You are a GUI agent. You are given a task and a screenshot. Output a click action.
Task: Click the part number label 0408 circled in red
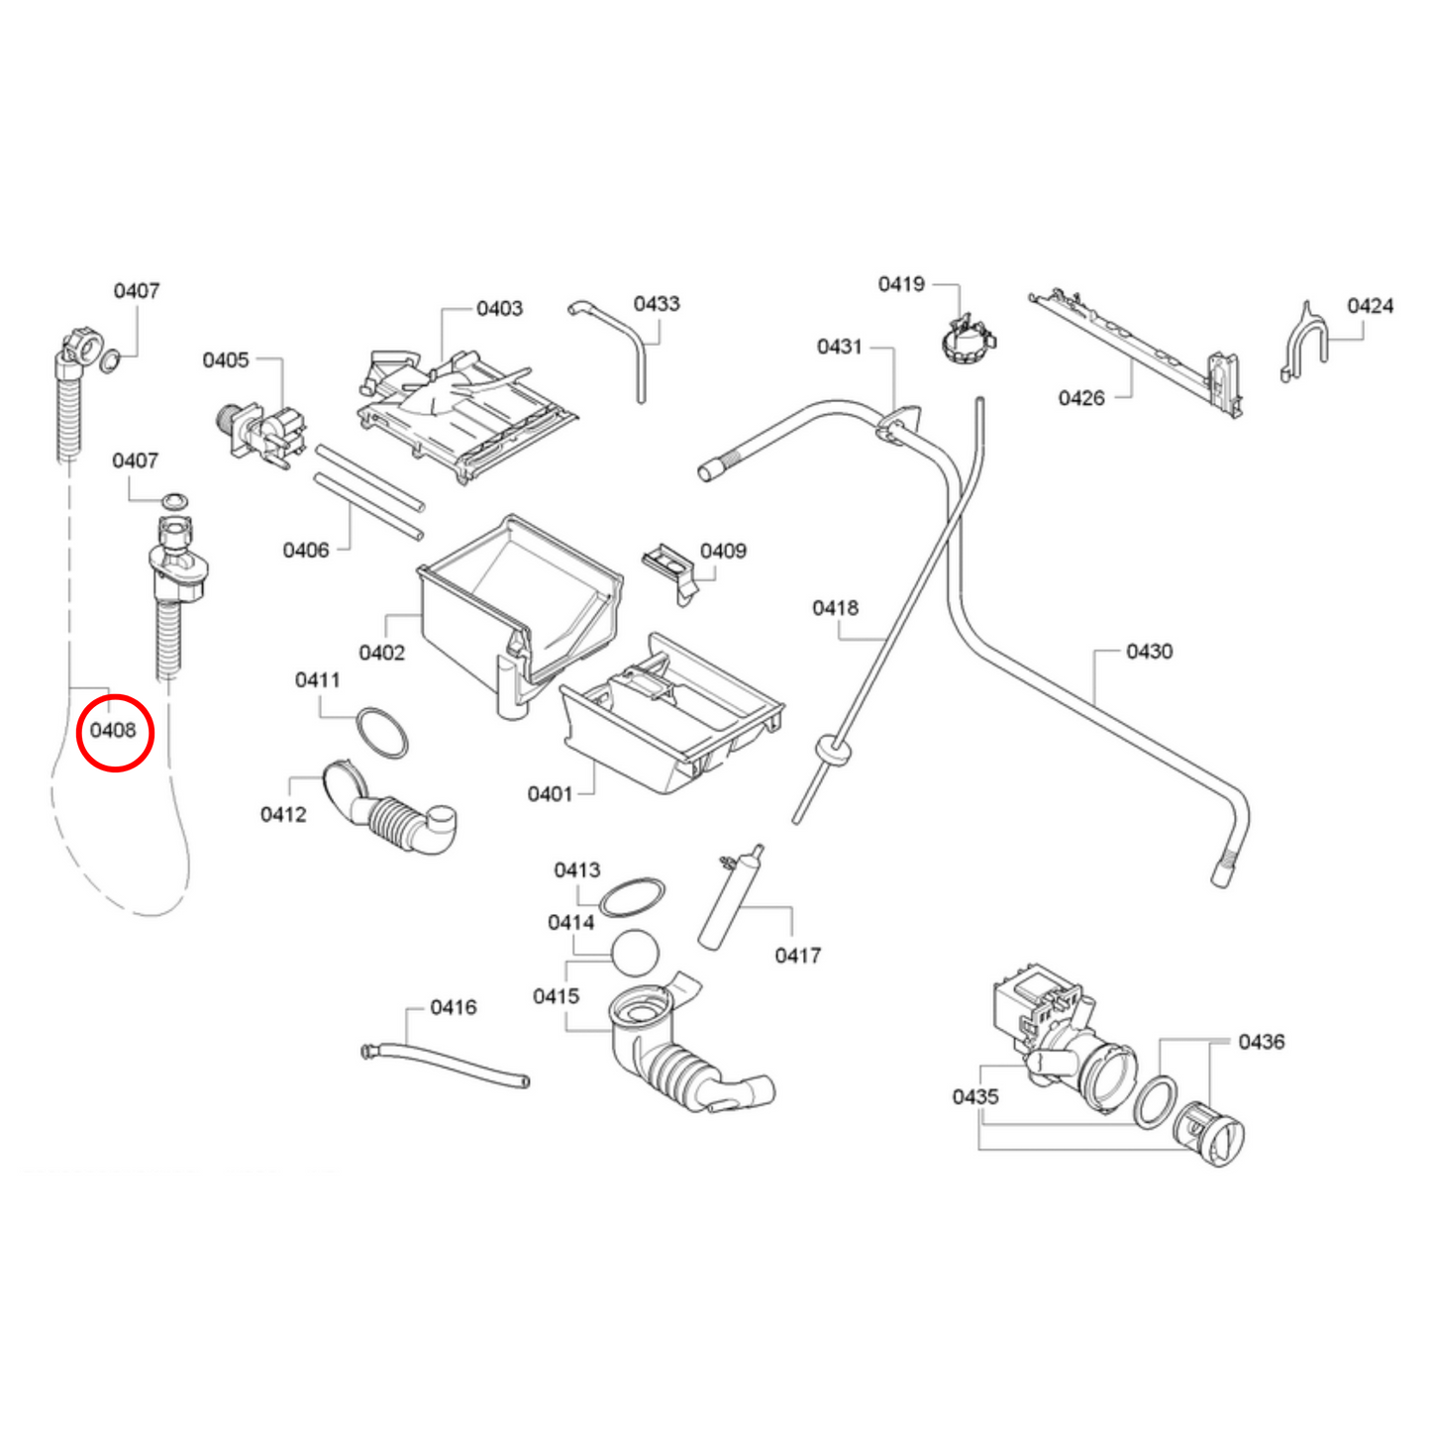(x=113, y=731)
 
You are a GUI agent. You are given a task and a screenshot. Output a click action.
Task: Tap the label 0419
(x=901, y=285)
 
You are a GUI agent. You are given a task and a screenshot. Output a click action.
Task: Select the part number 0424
(x=1370, y=306)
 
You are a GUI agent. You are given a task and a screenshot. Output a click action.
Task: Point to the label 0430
(x=1149, y=652)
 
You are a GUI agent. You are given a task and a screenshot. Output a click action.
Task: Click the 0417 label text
(x=797, y=956)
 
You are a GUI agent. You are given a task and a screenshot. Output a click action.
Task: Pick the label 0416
(x=453, y=1008)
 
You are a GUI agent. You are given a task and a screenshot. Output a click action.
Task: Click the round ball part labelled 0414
(x=635, y=955)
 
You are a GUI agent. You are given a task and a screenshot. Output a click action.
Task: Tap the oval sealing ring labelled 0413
(x=633, y=896)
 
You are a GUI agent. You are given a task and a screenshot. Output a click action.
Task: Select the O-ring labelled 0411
(x=381, y=733)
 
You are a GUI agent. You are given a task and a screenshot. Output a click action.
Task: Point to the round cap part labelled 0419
(x=966, y=341)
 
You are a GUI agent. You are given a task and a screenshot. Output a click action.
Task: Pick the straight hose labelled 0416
(x=446, y=1066)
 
